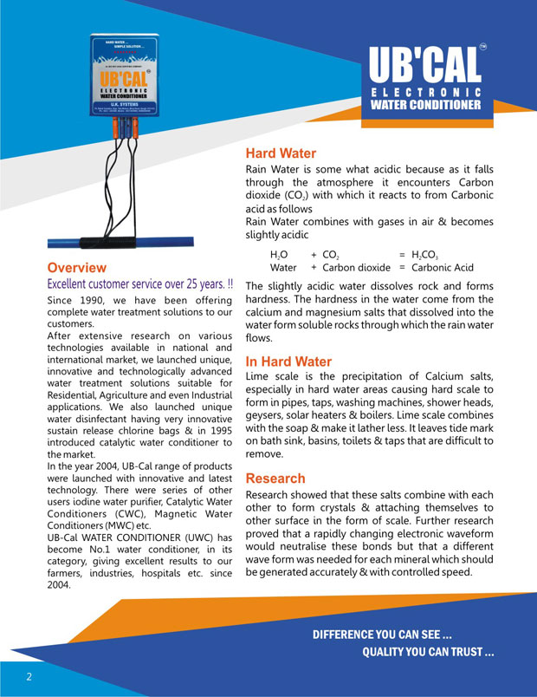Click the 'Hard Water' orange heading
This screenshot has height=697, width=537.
281,153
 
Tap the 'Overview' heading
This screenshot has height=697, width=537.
77,268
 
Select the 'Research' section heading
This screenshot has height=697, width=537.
275,479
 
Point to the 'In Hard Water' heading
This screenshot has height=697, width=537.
288,362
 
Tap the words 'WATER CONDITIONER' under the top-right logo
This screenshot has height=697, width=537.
425,106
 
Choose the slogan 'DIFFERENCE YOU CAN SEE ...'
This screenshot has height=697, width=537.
382,635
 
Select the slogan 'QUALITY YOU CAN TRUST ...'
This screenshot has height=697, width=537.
428,652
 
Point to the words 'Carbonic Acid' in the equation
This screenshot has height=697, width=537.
443,268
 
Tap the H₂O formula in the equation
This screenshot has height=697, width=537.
279,256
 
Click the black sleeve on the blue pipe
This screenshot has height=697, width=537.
132,242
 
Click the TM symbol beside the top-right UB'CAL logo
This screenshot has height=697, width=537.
482,46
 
